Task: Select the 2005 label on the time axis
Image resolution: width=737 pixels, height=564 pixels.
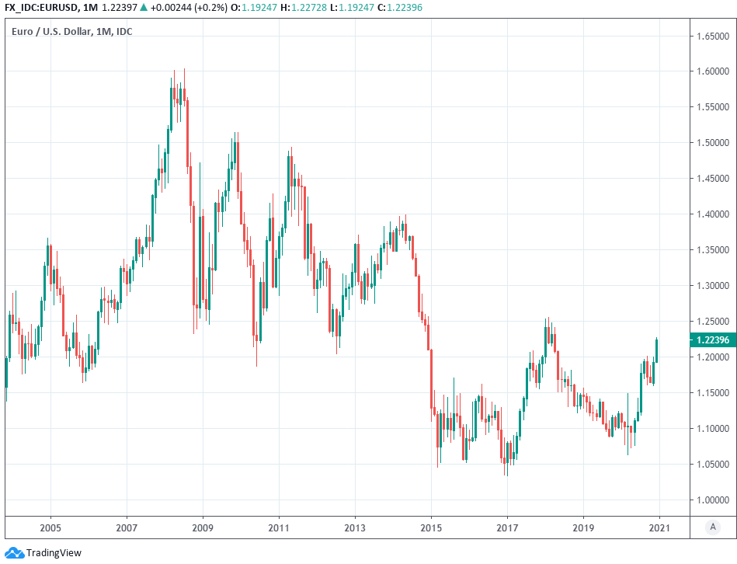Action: (x=50, y=528)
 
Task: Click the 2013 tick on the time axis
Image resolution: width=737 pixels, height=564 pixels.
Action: (x=355, y=528)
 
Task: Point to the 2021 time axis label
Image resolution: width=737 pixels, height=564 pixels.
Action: (x=659, y=528)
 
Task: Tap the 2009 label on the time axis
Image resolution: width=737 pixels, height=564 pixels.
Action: (x=203, y=528)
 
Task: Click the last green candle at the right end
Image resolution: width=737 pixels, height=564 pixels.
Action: (x=657, y=350)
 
